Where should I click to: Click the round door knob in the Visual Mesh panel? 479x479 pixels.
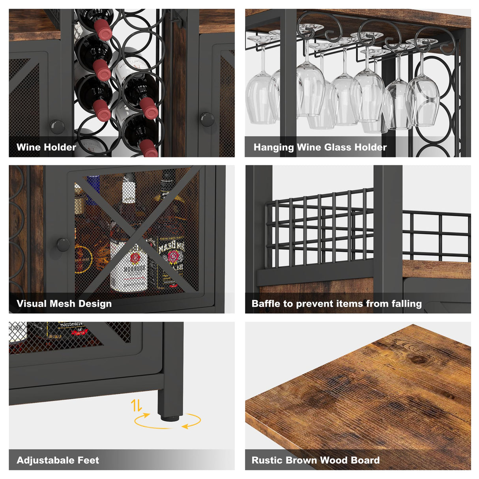tap(63, 245)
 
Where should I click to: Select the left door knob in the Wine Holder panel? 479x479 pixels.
tap(57, 126)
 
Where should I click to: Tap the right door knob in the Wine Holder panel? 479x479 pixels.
tap(207, 119)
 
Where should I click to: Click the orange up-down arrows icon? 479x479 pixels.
tap(137, 405)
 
